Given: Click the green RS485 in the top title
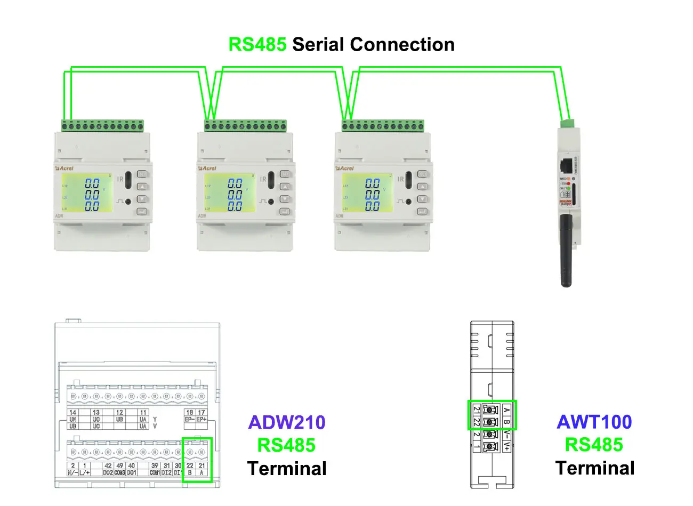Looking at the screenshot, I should [257, 44].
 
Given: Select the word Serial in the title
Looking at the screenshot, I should [318, 44].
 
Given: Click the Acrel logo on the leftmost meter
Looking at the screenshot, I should [65, 168].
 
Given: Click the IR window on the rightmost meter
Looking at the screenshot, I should [408, 180].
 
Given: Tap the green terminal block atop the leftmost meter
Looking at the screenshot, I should [102, 126].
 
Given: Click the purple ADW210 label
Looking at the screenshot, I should [287, 422].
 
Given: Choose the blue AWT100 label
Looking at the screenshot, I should [594, 422].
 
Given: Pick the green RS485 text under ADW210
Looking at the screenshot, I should [287, 445].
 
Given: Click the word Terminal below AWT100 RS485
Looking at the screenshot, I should [595, 468].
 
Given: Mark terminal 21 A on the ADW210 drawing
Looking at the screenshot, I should [202, 469].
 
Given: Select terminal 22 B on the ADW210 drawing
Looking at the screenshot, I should [190, 469].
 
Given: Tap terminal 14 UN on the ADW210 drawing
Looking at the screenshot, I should [73, 419].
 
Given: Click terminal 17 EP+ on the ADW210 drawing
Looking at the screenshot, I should [202, 416].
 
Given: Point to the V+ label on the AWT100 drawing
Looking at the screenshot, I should [506, 446].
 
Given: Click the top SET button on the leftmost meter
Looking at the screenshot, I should [142, 174].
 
